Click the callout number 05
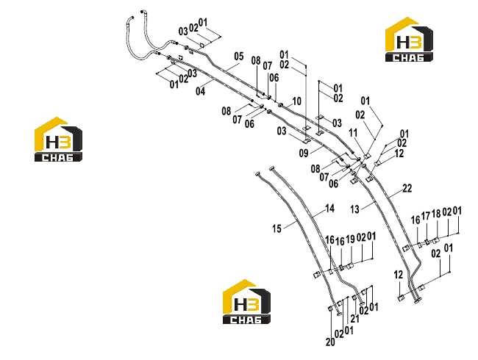click(239, 57)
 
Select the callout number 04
click(200, 91)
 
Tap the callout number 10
click(296, 101)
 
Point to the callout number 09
click(304, 153)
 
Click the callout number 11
click(353, 133)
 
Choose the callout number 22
click(407, 188)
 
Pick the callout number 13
click(354, 209)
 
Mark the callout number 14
click(330, 209)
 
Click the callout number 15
click(277, 228)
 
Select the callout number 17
click(426, 216)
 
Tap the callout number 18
click(436, 214)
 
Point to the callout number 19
click(351, 240)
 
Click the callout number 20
click(330, 342)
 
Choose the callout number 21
click(354, 319)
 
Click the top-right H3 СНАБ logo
click(409, 39)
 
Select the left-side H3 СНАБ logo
click(58, 139)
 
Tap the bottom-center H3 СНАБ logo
click(246, 301)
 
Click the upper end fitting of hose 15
click(258, 174)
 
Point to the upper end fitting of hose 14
click(272, 168)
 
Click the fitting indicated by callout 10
click(281, 105)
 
